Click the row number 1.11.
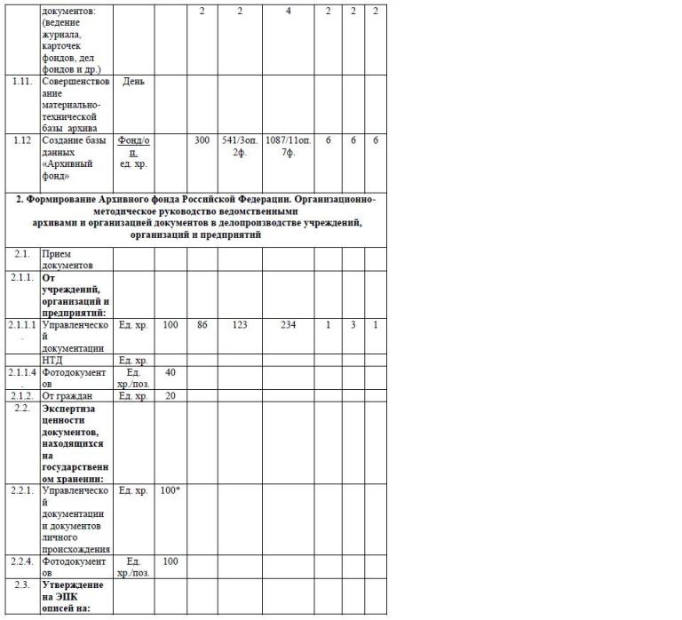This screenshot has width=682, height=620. (23, 81)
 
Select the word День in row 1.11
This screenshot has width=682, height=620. (134, 81)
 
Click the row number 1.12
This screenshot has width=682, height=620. (23, 140)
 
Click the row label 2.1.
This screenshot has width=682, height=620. (23, 253)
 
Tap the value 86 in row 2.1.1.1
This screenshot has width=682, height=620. (202, 325)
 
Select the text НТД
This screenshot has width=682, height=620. (53, 361)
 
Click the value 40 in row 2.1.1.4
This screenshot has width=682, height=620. (170, 372)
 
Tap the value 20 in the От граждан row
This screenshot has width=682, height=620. (170, 395)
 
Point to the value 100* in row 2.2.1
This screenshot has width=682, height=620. (170, 490)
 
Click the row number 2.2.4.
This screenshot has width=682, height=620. (23, 561)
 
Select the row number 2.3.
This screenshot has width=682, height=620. (23, 584)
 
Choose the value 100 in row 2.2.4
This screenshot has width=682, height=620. (170, 561)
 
